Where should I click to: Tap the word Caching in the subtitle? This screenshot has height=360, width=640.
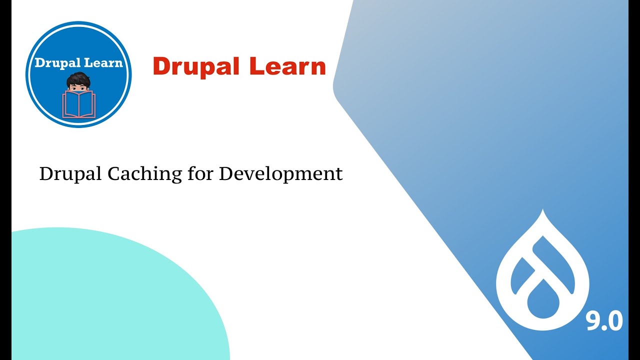tap(142, 173)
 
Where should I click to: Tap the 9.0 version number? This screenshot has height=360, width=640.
tap(604, 321)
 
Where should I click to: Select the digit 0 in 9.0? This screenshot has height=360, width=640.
tap(614, 321)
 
